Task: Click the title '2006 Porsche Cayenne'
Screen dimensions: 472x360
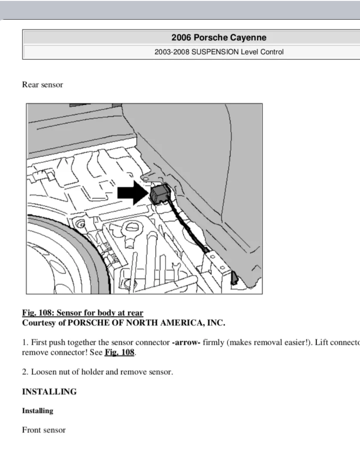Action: coord(219,38)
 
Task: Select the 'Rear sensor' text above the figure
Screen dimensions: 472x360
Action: coord(42,85)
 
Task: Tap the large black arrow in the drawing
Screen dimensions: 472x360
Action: coord(132,193)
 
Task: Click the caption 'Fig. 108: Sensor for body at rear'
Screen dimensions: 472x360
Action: coord(82,313)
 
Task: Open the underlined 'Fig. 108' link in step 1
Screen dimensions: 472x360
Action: coord(119,352)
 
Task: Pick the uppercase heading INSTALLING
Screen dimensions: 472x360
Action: coord(49,392)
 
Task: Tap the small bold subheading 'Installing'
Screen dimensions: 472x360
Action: coord(37,411)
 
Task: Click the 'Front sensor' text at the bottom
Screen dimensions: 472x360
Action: coord(44,430)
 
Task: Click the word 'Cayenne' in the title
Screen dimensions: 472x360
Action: coord(251,38)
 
